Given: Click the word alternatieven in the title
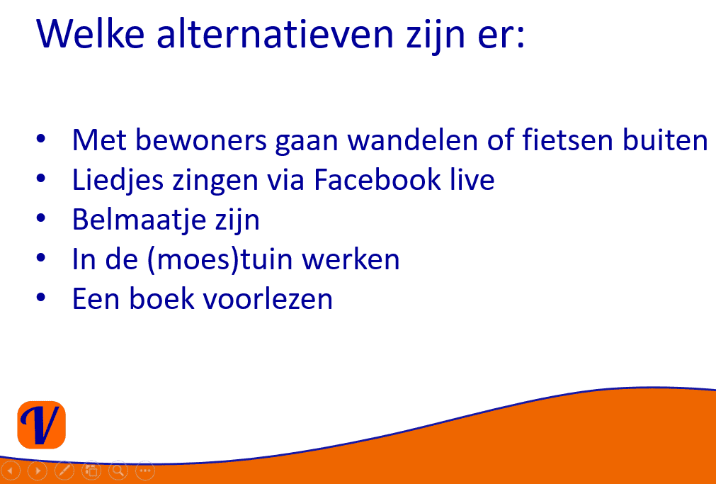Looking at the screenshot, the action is [x=275, y=33].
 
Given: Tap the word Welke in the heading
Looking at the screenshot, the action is [x=91, y=33].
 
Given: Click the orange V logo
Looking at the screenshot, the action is [x=41, y=425].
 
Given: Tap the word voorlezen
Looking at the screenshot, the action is [x=268, y=299].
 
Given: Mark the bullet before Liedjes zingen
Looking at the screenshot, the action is [x=41, y=179].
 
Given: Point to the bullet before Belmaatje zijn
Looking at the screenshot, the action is [x=41, y=218].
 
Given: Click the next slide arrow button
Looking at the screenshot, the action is [x=38, y=471].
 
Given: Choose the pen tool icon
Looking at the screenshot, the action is [x=64, y=471].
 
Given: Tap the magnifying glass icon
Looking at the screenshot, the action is [x=118, y=471].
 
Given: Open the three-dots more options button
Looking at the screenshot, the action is [x=145, y=471].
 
